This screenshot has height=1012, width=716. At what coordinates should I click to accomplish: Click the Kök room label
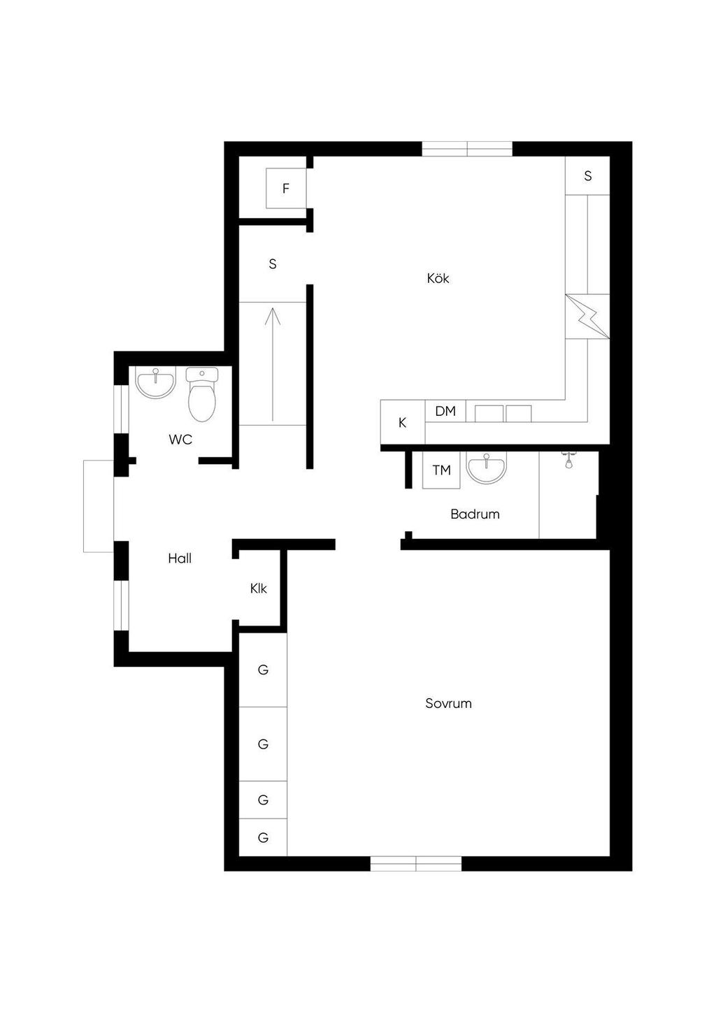click(x=438, y=278)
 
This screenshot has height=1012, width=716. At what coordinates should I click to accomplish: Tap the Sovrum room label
click(x=448, y=703)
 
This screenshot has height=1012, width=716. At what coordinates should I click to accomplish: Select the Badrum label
click(x=475, y=514)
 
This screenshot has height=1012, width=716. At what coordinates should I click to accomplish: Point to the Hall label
click(x=180, y=558)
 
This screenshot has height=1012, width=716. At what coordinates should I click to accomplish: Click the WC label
click(x=180, y=439)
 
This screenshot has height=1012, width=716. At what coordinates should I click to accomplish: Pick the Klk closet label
click(x=259, y=588)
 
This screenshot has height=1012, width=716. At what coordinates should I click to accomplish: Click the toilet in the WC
click(x=202, y=394)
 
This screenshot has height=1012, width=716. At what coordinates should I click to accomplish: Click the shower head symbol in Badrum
click(x=568, y=459)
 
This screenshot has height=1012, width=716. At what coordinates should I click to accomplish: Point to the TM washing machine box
click(x=441, y=470)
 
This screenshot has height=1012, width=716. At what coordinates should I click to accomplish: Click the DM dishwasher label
click(x=445, y=411)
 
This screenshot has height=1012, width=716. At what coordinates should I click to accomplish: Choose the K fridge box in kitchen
click(x=402, y=422)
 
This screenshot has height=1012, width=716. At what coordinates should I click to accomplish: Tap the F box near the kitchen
click(x=286, y=189)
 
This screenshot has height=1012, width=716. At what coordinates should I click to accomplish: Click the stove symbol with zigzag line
click(x=587, y=316)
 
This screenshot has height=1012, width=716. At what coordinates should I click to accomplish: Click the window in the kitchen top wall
click(x=467, y=149)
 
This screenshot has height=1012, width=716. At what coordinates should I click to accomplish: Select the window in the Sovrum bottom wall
click(x=416, y=863)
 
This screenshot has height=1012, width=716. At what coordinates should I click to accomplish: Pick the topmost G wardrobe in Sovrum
click(x=263, y=670)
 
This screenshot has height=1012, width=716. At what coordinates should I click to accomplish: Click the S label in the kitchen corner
click(x=587, y=175)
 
